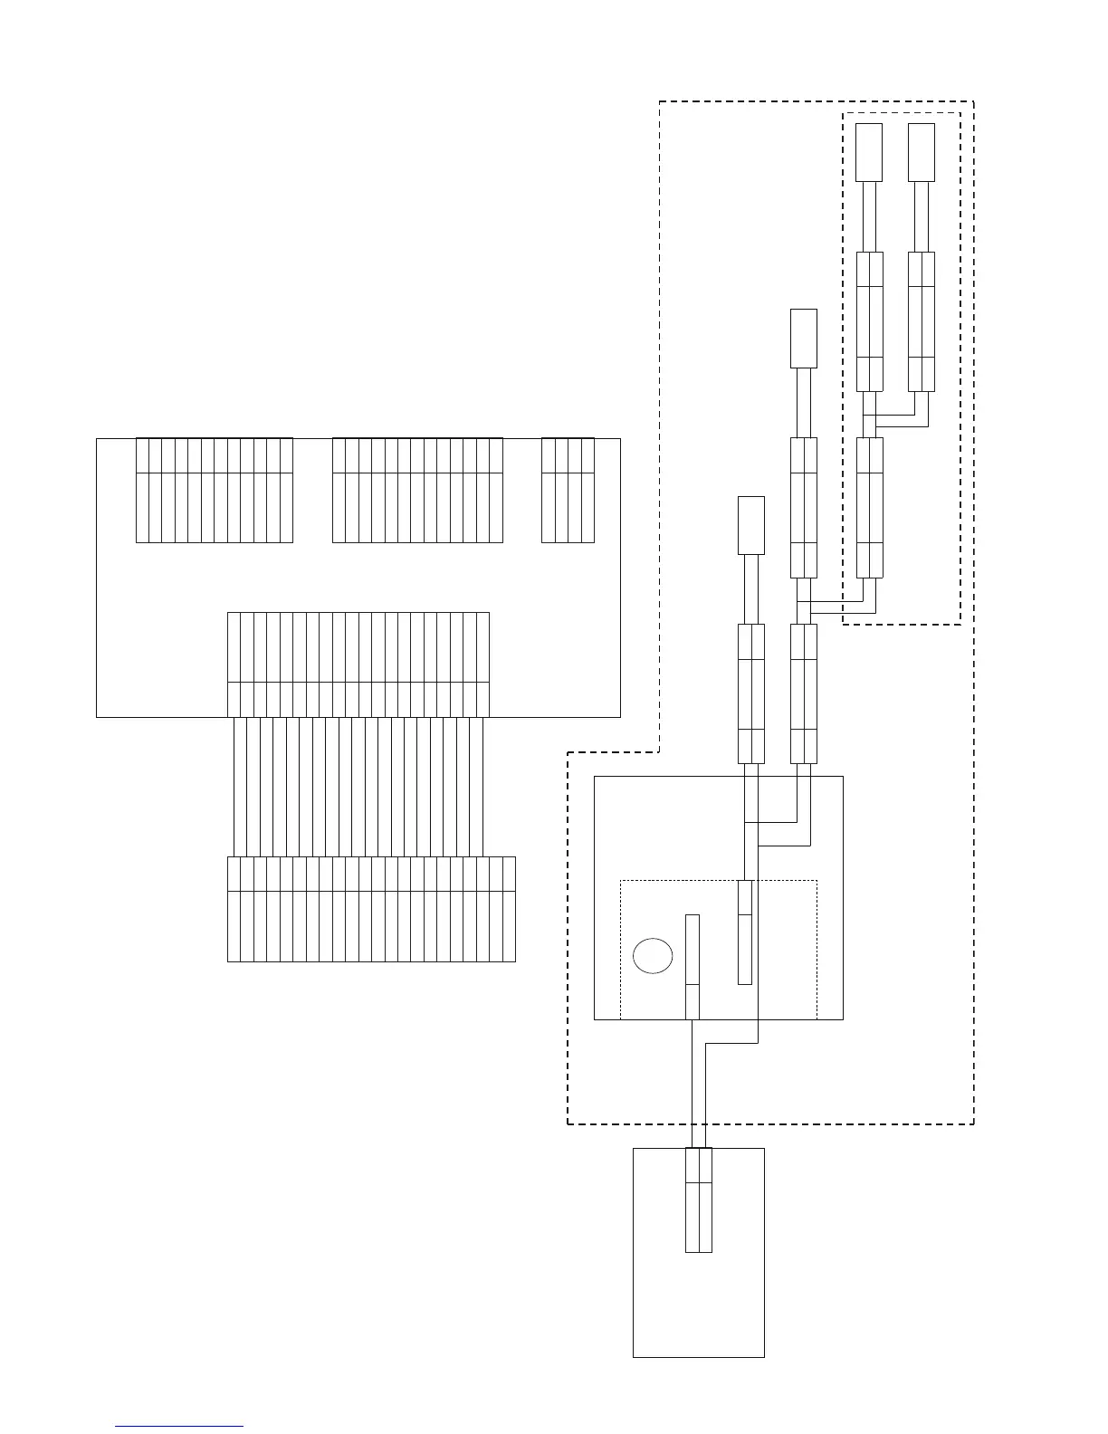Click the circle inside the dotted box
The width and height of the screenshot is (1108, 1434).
point(653,956)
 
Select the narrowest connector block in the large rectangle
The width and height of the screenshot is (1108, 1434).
point(568,491)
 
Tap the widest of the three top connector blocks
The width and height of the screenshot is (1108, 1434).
point(417,491)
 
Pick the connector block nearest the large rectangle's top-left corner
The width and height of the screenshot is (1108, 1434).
point(215,491)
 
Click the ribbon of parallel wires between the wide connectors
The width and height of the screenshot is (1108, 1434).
point(358,787)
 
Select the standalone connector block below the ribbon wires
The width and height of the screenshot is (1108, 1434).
point(371,909)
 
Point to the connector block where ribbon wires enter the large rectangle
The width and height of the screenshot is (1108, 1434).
point(358,664)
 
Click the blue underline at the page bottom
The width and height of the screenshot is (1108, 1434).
point(179,1427)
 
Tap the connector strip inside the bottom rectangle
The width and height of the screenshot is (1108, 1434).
point(699,1200)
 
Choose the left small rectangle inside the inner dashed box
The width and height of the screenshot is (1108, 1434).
point(869,152)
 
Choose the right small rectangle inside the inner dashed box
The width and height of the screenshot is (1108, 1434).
point(922,152)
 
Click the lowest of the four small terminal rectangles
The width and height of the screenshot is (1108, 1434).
point(751,525)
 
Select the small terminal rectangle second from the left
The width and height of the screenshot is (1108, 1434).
point(804,339)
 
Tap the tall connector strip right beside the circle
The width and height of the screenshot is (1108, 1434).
point(692,967)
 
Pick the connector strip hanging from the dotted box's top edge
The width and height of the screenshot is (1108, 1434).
point(745,932)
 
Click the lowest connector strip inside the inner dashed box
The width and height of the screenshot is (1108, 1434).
point(869,507)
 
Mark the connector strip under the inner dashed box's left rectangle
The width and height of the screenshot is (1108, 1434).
point(869,321)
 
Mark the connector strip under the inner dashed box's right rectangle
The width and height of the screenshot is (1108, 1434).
point(922,321)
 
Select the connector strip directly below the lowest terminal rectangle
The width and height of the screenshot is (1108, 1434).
point(751,693)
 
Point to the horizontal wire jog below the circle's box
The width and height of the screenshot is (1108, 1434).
point(731,1043)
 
